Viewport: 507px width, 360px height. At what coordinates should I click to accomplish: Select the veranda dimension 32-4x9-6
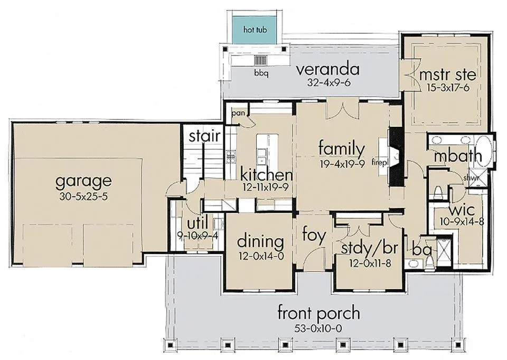[x=329, y=83]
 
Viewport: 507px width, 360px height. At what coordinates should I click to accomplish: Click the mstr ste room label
[x=447, y=74]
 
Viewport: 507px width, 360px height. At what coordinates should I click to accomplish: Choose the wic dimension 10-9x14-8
[x=462, y=222]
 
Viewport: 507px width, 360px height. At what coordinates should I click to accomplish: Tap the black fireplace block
[x=395, y=157]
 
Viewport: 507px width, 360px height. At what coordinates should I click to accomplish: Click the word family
[x=342, y=149]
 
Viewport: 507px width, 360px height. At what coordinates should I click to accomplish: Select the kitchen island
[x=267, y=150]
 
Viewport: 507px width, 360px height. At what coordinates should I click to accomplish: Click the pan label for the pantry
[x=238, y=113]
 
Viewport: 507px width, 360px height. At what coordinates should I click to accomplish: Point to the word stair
[x=204, y=136]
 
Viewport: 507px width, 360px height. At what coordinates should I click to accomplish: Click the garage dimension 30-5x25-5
[x=83, y=196]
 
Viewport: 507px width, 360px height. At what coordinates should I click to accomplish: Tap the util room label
[x=197, y=224]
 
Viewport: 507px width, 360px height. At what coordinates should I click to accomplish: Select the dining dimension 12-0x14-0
[x=261, y=256]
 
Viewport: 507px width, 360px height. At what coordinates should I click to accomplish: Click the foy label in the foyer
[x=314, y=235]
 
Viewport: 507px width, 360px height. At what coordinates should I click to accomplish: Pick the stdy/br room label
[x=369, y=249]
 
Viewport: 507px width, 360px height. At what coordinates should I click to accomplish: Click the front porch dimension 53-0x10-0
[x=318, y=329]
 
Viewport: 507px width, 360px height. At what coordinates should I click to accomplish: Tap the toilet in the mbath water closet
[x=438, y=193]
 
